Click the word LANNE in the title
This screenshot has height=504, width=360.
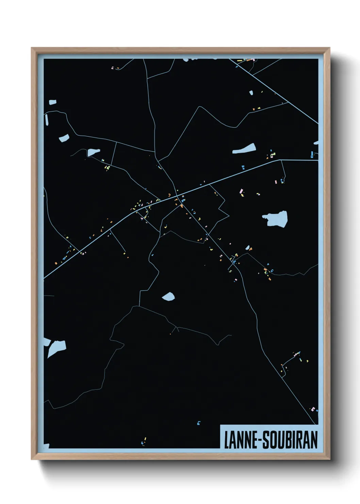click(x=240, y=440)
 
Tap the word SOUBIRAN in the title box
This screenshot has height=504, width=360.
click(x=290, y=440)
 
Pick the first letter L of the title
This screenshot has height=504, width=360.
click(x=226, y=440)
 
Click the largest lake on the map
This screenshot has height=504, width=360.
click(x=276, y=219)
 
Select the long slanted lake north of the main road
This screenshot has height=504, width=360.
click(x=244, y=149)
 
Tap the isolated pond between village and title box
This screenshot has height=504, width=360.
click(x=168, y=297)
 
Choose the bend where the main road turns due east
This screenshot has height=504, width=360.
click(x=280, y=160)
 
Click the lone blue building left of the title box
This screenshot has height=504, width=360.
click(x=199, y=423)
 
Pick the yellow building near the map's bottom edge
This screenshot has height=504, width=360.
click(x=145, y=439)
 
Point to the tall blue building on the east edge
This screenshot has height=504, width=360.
click(x=312, y=155)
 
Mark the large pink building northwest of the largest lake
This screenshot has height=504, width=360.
click(x=242, y=191)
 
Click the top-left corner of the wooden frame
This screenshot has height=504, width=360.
click(x=32, y=48)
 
